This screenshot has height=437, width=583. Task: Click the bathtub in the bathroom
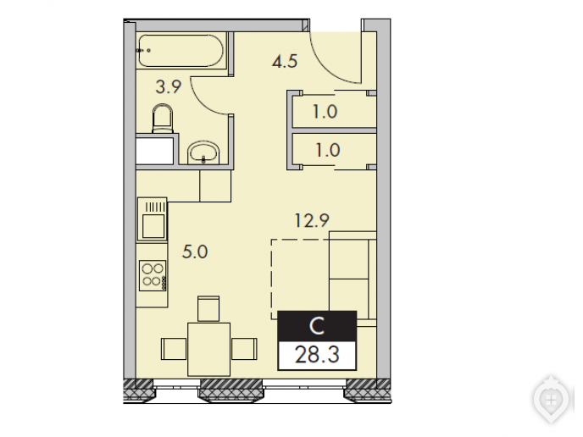(x=180, y=51)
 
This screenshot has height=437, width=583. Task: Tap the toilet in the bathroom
(x=163, y=119)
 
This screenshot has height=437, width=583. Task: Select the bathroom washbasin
(x=203, y=152)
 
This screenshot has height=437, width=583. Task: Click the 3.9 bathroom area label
(x=169, y=87)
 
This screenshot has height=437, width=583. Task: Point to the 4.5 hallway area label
(x=285, y=61)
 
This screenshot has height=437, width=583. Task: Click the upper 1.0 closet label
(x=325, y=112)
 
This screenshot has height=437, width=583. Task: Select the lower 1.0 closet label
(x=328, y=150)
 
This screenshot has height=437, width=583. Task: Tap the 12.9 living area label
(x=312, y=220)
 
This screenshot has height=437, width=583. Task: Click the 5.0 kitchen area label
(x=195, y=252)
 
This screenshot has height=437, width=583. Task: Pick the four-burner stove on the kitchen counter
(x=153, y=275)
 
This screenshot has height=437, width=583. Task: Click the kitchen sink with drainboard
(x=152, y=218)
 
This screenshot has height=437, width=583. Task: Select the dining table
(x=208, y=349)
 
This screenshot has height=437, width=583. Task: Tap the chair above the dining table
(x=208, y=308)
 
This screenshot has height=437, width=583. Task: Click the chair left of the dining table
(x=174, y=349)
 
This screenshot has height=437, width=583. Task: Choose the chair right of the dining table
(x=244, y=349)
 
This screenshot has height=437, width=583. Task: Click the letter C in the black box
(x=317, y=326)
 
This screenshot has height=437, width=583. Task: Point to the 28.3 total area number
(x=317, y=355)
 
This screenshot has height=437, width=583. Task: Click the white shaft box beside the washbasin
(x=155, y=152)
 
